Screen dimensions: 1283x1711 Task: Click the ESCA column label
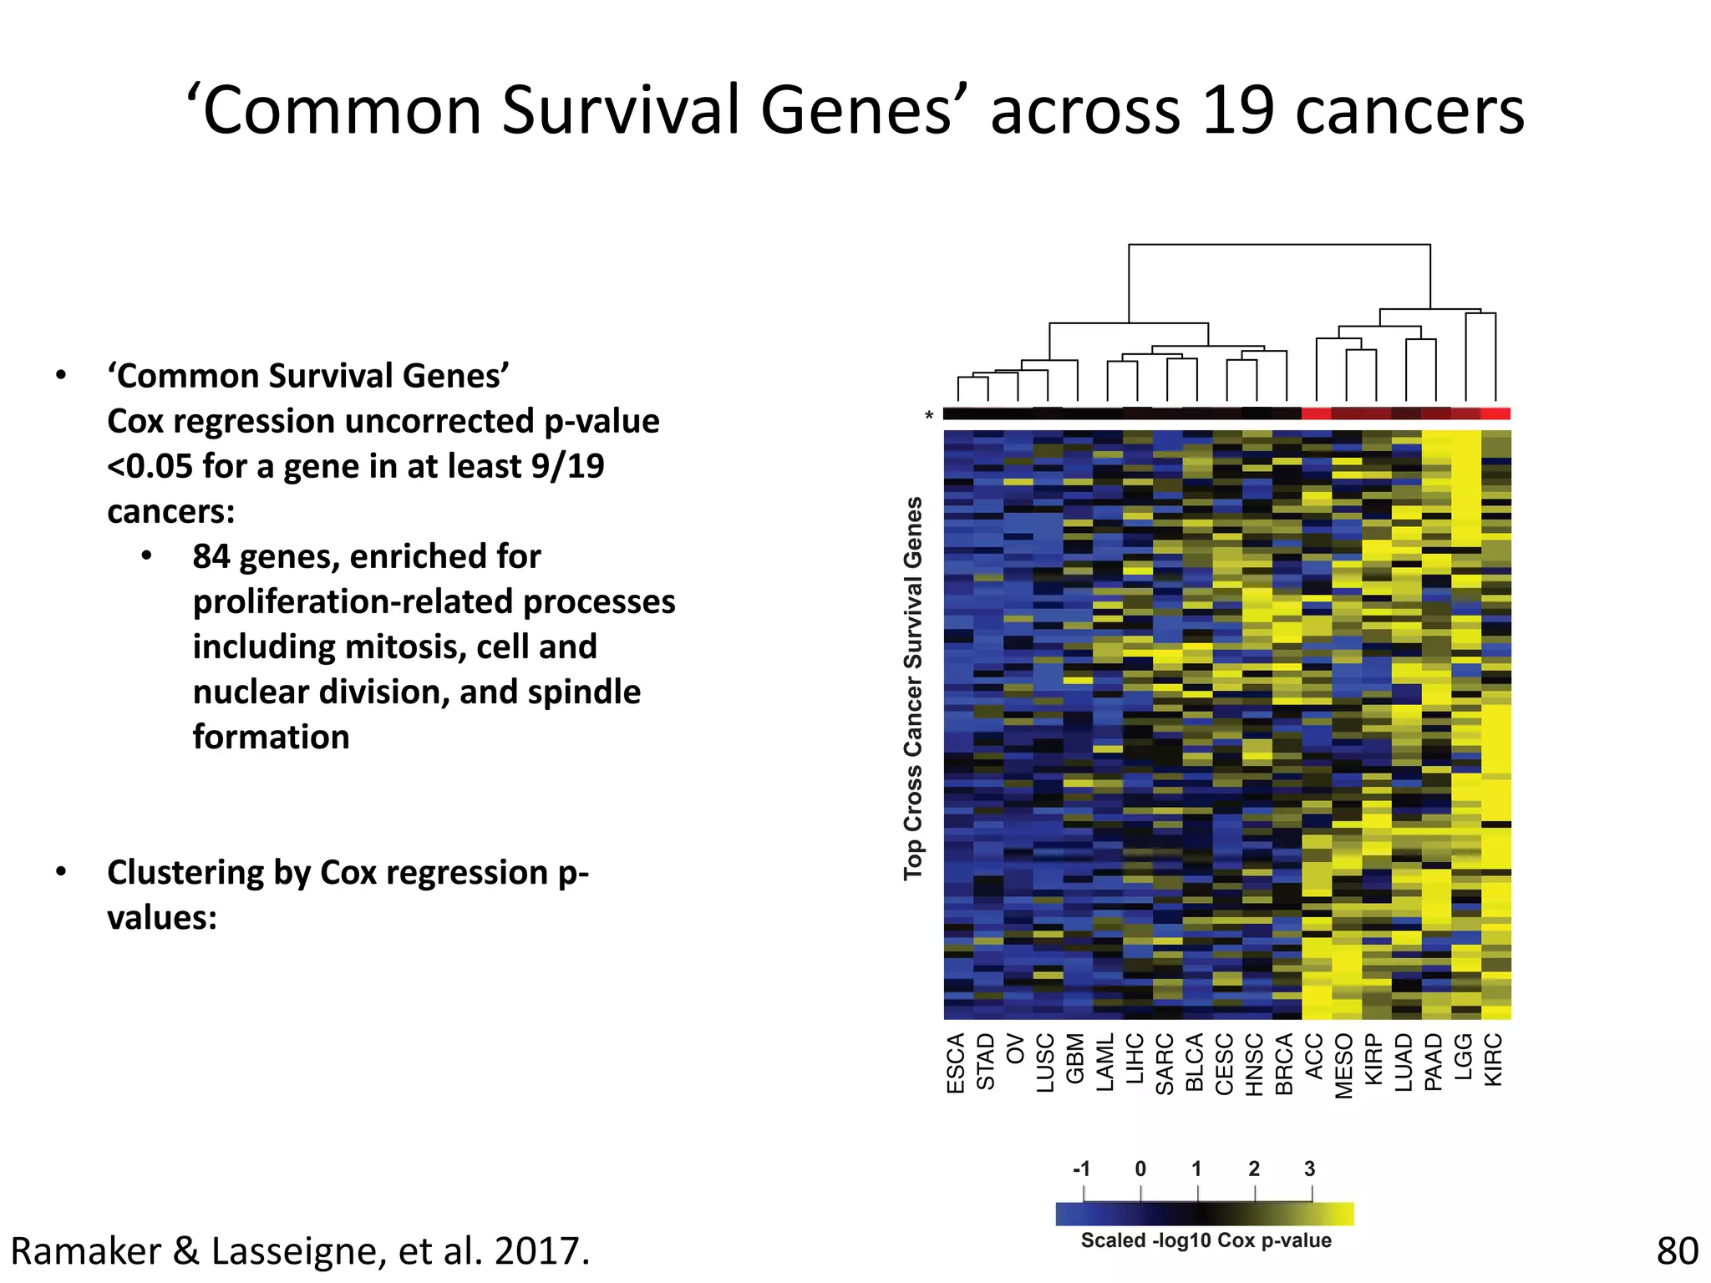(957, 1062)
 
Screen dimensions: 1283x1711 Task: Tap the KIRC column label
(1494, 1059)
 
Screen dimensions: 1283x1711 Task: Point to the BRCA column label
(1285, 1063)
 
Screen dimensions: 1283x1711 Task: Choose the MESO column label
(1344, 1066)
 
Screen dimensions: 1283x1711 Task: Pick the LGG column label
(1464, 1056)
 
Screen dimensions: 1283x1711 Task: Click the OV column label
(1016, 1048)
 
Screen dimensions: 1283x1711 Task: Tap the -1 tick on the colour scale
(1082, 1169)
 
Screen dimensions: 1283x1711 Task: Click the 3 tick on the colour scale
(1310, 1169)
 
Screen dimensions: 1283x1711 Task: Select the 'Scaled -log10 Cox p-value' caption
(1206, 1240)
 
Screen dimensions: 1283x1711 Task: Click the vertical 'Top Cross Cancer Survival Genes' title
(914, 688)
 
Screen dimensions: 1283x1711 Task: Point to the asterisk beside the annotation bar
(929, 416)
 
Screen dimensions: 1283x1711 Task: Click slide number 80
(1677, 1251)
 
